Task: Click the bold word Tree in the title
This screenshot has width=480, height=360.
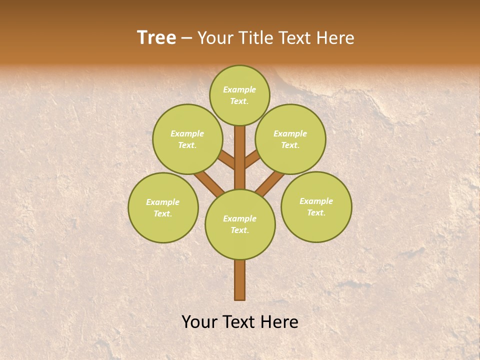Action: coord(156,38)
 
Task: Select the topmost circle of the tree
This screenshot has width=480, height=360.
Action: coord(239,95)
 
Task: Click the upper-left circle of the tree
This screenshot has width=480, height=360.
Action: coord(187,139)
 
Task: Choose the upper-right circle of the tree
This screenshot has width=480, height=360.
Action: coord(290,139)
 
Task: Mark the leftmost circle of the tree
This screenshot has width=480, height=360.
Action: coord(163,207)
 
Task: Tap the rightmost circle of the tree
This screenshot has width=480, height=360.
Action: coord(316,206)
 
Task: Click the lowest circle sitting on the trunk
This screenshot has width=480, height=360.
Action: coord(240,224)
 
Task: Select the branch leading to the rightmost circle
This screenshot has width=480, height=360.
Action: coord(270,183)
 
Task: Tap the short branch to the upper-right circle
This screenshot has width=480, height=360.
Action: coord(252,160)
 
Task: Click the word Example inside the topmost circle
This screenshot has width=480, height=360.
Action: coord(239,90)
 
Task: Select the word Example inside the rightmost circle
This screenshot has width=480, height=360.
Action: coord(316,201)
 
